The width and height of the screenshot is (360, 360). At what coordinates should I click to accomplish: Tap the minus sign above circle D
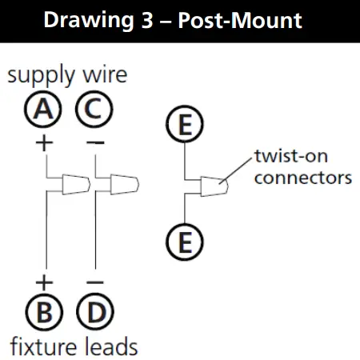pos(94,282)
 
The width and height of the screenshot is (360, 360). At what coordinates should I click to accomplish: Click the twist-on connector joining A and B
pos(73,186)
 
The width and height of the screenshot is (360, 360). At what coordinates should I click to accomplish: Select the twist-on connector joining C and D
pos(122,186)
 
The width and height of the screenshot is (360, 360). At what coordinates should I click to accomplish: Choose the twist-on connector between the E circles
pos(214,187)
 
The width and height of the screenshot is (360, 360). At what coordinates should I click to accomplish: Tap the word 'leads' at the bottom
pos(110,346)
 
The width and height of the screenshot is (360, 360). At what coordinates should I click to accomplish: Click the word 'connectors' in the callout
pos(302,176)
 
